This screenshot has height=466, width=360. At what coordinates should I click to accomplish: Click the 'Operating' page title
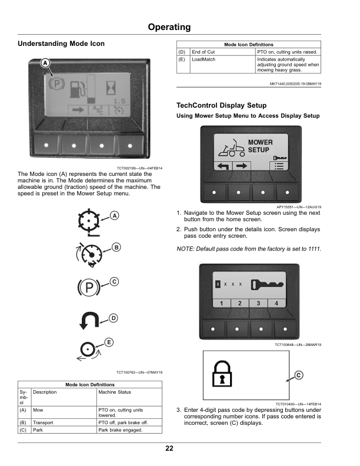[169, 27]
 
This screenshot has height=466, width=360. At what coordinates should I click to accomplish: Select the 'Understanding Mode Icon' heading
[62, 44]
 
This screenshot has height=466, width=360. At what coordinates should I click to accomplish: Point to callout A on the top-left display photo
[45, 64]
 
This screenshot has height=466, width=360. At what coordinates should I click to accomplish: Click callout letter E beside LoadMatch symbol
[109, 342]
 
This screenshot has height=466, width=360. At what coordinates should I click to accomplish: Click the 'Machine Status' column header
[115, 392]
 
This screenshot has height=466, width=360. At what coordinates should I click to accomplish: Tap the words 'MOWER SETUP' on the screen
[259, 146]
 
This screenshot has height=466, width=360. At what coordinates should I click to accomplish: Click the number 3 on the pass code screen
[258, 303]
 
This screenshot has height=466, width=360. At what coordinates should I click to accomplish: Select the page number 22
[169, 449]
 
